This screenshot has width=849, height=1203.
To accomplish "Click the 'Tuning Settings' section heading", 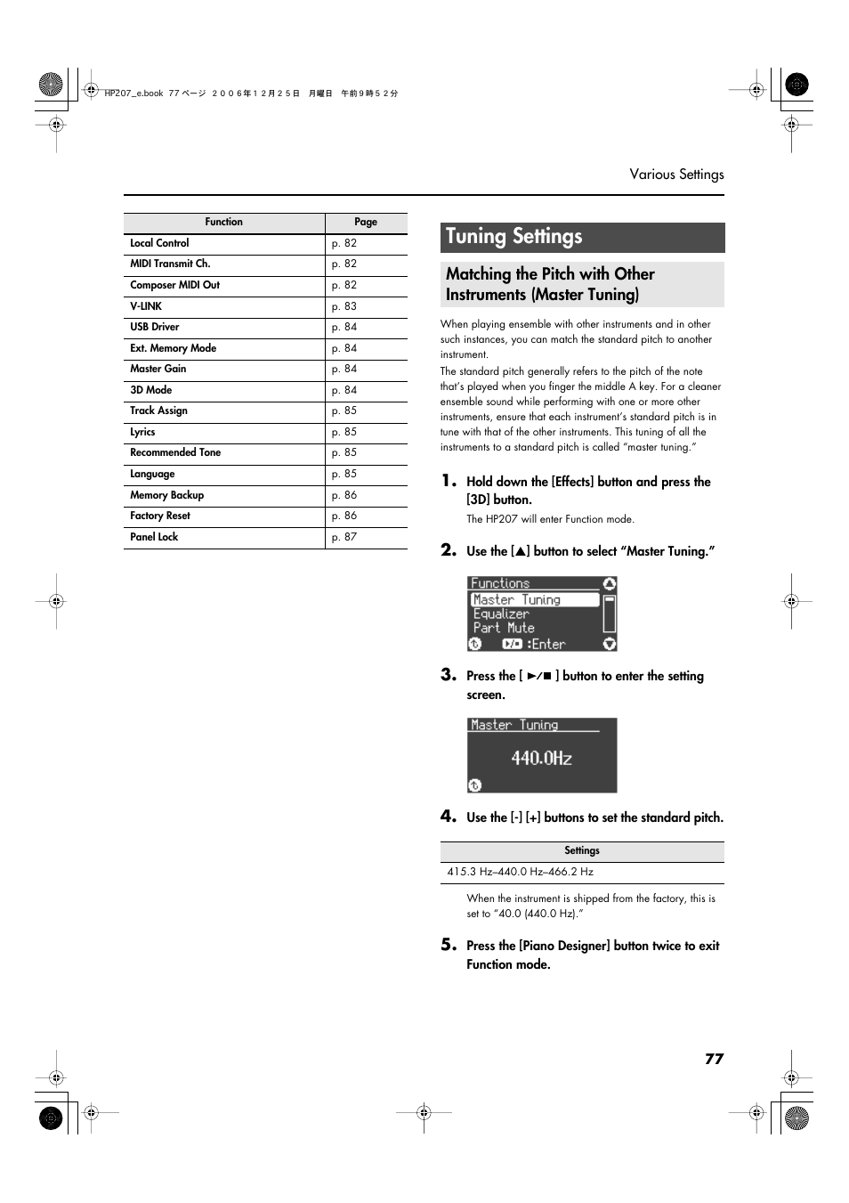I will [x=514, y=237].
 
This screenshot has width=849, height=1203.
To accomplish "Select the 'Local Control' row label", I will [x=159, y=243].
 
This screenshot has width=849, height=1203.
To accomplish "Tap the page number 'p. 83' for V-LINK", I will [x=344, y=306].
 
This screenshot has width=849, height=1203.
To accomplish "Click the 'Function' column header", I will [x=223, y=223].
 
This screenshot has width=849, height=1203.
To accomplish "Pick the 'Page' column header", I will [x=366, y=223].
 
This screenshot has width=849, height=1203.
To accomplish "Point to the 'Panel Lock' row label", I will [x=154, y=537].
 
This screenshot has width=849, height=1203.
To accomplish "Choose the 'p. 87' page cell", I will [x=344, y=537].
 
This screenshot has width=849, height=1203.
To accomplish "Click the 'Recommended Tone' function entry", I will [x=175, y=453].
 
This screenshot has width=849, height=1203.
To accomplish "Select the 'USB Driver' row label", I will [x=155, y=327].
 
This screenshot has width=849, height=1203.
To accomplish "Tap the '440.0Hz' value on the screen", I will [x=541, y=759].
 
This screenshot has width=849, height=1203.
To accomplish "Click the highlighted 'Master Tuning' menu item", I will [x=517, y=600].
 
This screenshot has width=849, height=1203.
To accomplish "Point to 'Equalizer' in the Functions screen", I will [x=501, y=614].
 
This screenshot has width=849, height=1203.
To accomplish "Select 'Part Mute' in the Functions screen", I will [x=504, y=629].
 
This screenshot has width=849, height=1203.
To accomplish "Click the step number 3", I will [x=449, y=675].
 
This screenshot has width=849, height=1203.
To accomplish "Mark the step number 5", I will [x=449, y=945].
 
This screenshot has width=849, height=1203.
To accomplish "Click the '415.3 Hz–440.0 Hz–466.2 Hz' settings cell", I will [x=520, y=873].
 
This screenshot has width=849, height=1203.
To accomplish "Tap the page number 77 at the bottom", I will [x=714, y=1059].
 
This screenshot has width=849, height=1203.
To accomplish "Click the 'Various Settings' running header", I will [x=676, y=175].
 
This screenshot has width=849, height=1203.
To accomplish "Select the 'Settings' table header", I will [x=582, y=851].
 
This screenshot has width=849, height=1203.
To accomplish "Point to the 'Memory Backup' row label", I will [x=166, y=495].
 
